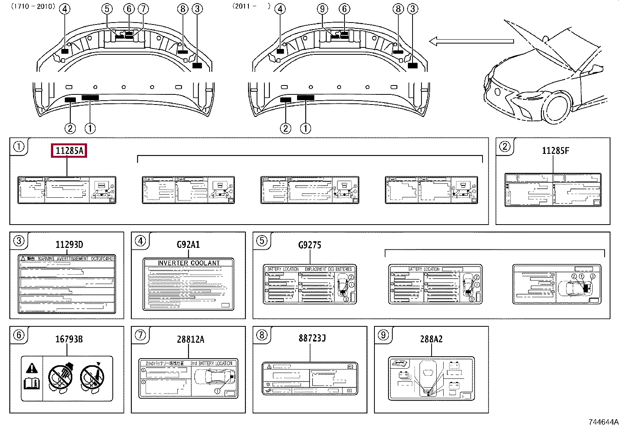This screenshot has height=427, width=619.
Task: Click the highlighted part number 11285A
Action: (x=69, y=151)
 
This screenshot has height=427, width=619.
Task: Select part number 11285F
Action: (x=555, y=151)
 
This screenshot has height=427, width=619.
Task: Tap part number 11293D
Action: (x=69, y=245)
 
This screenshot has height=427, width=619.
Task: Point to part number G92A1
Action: (x=188, y=245)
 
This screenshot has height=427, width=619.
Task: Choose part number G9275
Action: (x=310, y=245)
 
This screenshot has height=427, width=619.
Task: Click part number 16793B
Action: (x=69, y=339)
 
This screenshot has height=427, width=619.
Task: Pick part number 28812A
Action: (x=191, y=339)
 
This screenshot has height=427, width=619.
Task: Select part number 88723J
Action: (x=312, y=338)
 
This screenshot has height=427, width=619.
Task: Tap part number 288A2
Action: (x=431, y=339)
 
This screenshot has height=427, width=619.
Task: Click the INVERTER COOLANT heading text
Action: (x=189, y=263)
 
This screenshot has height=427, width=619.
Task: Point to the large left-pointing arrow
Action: (x=471, y=41)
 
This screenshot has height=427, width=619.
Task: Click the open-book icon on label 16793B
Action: (x=32, y=384)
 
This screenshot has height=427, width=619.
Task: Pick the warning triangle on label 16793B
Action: (x=31, y=368)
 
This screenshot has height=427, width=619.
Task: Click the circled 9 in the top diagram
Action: (x=323, y=9)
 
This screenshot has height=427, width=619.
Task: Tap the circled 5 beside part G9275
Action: (x=262, y=241)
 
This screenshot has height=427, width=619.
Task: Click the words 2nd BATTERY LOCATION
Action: (x=211, y=363)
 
